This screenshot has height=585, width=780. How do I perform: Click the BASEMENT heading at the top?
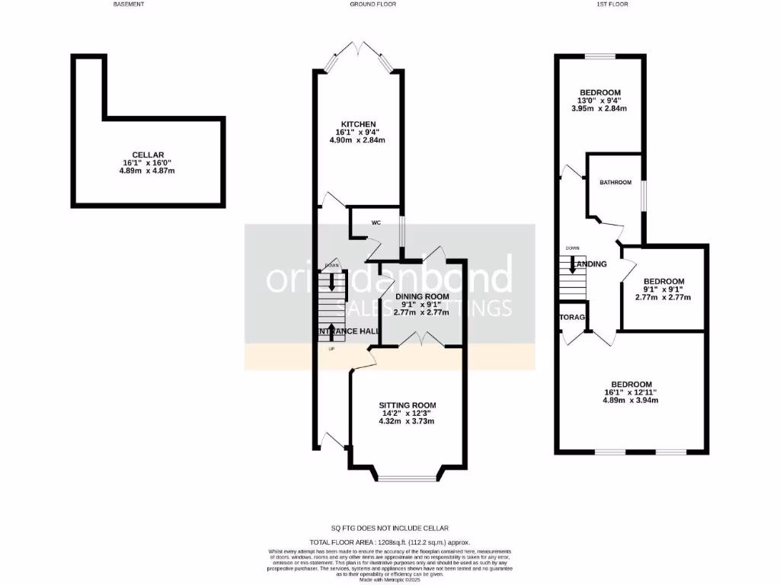point(129,5)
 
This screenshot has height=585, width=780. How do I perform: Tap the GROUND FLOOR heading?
point(372,5)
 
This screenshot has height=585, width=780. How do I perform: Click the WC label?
point(376,223)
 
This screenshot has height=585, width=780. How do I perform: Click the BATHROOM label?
point(615,183)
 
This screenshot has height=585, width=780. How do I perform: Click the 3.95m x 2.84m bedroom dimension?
point(598,109)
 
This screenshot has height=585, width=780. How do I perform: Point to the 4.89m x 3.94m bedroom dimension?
point(631,400)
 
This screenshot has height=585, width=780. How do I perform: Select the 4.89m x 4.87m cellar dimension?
point(147,171)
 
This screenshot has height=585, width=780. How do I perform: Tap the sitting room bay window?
point(408,478)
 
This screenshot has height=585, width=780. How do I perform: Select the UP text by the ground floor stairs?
point(331,349)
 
